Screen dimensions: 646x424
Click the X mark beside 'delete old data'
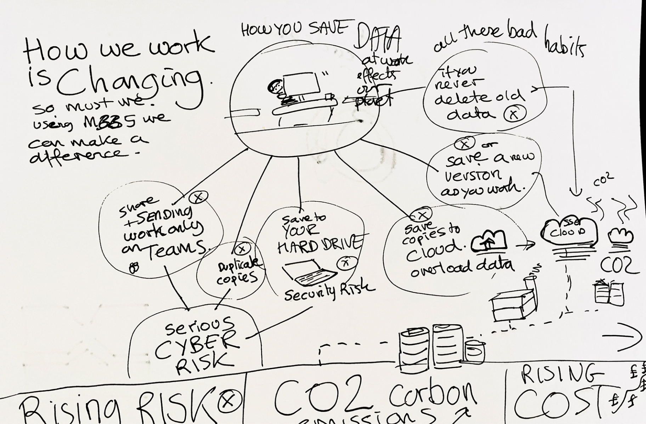tap(515, 114)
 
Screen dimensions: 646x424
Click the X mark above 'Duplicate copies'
tap(242, 249)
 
